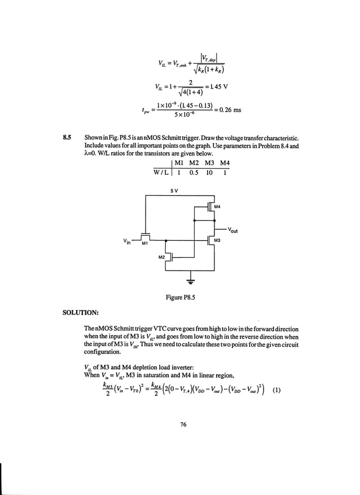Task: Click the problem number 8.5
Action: click(x=67, y=138)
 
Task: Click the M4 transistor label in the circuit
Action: click(x=218, y=207)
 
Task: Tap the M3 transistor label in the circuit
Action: click(x=217, y=241)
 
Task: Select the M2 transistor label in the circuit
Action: click(x=161, y=257)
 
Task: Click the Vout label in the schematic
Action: click(x=234, y=231)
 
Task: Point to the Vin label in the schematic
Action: click(x=128, y=241)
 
